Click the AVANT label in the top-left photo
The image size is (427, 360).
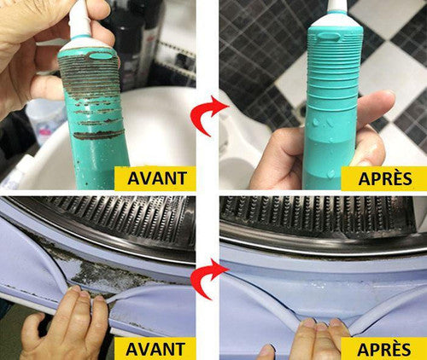tap(157, 178)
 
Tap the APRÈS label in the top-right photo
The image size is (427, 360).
tap(385, 178)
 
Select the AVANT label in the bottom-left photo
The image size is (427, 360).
tap(155, 349)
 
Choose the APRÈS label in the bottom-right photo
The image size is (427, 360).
tap(384, 349)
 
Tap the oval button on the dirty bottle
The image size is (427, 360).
tap(101, 56)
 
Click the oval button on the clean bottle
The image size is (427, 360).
tap(327, 37)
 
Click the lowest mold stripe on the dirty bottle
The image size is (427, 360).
tap(99, 135)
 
